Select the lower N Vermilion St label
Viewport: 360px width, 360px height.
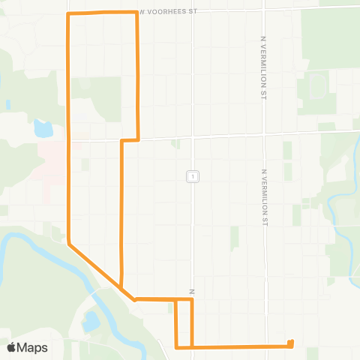265,197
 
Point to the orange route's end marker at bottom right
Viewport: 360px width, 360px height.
290,343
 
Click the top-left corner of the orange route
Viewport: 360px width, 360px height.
69,14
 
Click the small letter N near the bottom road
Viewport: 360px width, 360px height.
192,291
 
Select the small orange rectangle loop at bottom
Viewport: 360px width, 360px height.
184,323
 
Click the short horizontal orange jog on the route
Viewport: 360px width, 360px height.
130,139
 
